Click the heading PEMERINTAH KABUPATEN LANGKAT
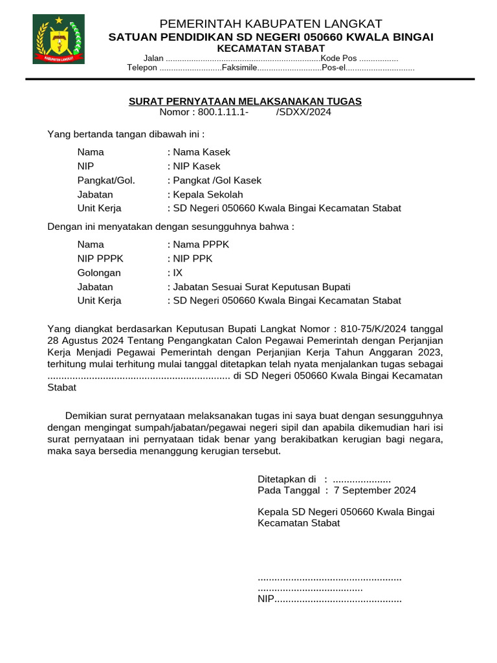coord(271,24)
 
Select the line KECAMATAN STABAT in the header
coord(271,49)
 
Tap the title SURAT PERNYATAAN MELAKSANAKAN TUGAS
coord(245,102)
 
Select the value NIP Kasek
coord(195,166)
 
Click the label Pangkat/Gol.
coord(106,181)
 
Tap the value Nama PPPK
coord(199,245)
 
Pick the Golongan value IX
coord(177,273)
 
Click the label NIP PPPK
coord(100,259)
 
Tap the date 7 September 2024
coord(375,490)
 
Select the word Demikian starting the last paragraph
coord(88,416)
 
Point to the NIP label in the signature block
coord(266,600)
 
